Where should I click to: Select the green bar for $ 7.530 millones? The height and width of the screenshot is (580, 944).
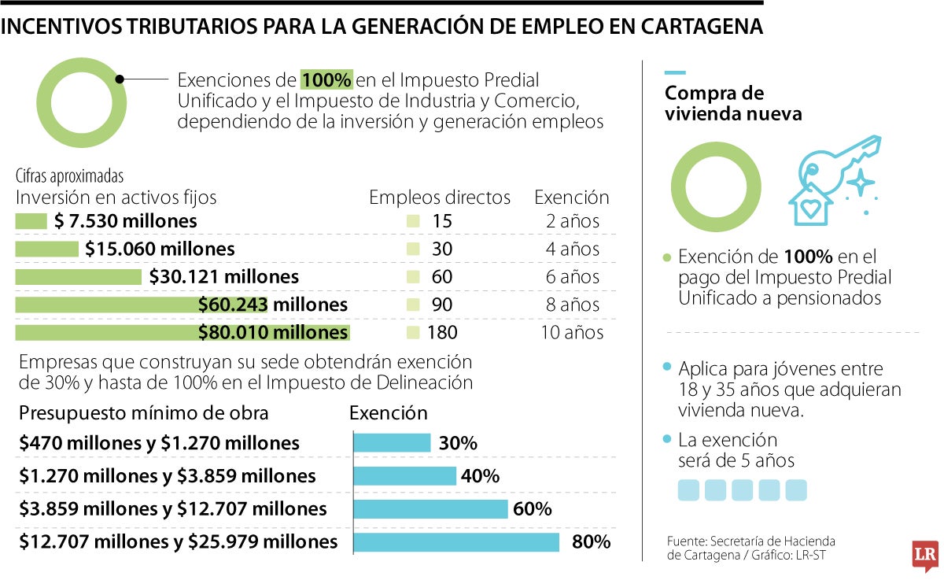(31, 222)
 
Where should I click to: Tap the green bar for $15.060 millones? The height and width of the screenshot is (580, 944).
(47, 249)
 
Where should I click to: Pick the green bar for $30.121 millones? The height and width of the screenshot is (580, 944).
(78, 277)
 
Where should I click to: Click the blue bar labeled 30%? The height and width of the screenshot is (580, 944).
(392, 443)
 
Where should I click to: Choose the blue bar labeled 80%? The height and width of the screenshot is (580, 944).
(456, 541)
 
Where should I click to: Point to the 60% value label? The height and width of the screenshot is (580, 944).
(532, 509)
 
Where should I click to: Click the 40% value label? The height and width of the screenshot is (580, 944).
(480, 476)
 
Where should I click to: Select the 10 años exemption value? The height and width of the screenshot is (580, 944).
(572, 332)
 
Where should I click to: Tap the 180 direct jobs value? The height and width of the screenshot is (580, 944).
(442, 332)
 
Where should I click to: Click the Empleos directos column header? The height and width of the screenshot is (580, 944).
(440, 198)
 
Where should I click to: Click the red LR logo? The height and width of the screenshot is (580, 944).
(924, 556)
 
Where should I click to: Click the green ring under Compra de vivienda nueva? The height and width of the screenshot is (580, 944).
(716, 187)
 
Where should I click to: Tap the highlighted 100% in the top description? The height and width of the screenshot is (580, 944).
(326, 80)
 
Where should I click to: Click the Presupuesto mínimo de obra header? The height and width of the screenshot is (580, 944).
(144, 413)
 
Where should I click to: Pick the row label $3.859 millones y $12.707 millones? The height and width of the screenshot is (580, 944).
(173, 509)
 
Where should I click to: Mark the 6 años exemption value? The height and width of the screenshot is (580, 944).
(572, 277)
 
